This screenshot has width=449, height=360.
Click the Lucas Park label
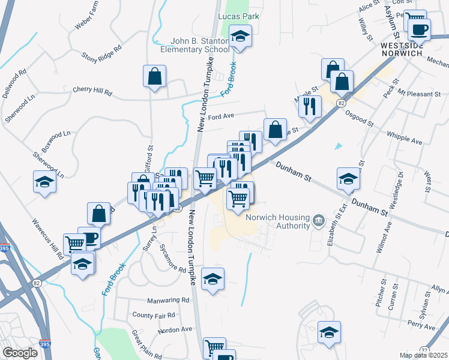point(238,16)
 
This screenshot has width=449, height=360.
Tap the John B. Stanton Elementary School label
point(199,46)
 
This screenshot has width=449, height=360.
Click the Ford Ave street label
point(220,116)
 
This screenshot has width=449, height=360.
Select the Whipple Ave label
point(405,138)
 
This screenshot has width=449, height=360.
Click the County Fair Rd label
point(154,315)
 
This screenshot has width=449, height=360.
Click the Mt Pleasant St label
point(419,94)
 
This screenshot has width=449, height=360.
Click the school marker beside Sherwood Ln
point(44,181)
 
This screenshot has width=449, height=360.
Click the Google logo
point(20,353)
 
